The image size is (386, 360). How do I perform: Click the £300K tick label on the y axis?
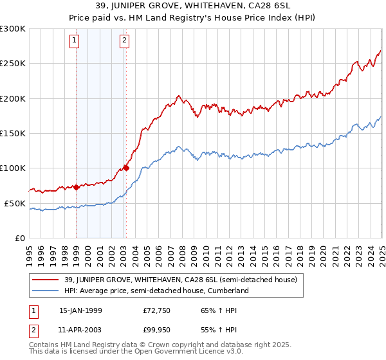(x=13, y=29)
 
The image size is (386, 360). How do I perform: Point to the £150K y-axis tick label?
(x=13, y=134)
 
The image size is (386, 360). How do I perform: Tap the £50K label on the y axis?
(x=15, y=203)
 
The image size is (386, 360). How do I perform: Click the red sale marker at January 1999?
(x=77, y=188)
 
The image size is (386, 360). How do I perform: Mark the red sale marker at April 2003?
(x=126, y=168)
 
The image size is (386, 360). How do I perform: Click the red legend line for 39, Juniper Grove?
(x=46, y=280)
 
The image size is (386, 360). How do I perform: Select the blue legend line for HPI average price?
(x=46, y=291)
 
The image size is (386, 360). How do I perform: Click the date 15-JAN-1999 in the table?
(x=80, y=310)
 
